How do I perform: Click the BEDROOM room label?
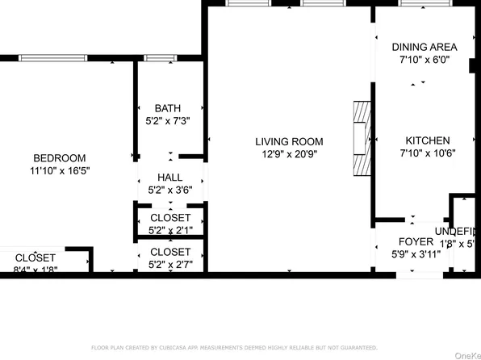coord(59,158)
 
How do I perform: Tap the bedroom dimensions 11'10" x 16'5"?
coord(59,171)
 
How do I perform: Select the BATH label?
coord(168,108)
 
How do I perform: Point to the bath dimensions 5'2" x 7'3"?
coord(168,121)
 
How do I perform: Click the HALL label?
coord(169,178)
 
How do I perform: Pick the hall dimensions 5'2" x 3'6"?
coord(169,190)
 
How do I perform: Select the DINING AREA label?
coord(425,47)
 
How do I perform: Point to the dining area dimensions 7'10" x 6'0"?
coord(425,60)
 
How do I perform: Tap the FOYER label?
coord(416,241)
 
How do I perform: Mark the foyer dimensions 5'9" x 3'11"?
coord(416,254)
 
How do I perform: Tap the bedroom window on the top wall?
coord(52,58)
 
